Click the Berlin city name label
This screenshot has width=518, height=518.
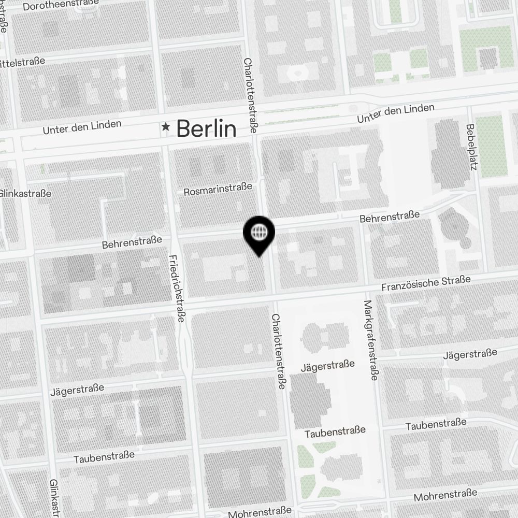(x=206, y=128)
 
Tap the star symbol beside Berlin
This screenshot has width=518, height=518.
(x=166, y=126)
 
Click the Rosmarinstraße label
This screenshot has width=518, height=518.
(x=218, y=189)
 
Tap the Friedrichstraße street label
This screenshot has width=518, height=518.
(x=177, y=288)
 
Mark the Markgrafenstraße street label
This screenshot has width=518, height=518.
(x=370, y=340)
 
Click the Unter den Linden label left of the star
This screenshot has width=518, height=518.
(x=82, y=126)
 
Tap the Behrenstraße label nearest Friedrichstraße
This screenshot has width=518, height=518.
(x=132, y=242)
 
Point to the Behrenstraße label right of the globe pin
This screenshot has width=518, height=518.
(x=390, y=217)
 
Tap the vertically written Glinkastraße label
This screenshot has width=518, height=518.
(x=54, y=497)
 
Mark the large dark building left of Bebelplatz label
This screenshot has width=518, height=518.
(x=450, y=154)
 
